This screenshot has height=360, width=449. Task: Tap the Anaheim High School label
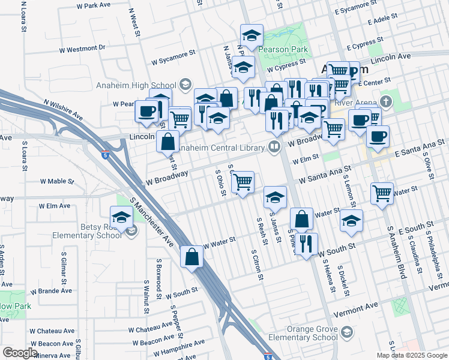point(136,85)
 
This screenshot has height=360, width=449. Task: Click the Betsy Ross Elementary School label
point(95,232)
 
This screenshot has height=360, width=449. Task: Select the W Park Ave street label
point(95,5)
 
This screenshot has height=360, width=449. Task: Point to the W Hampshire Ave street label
point(179,347)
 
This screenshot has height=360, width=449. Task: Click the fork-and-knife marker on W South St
point(307,244)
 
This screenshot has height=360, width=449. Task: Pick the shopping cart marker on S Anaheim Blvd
point(382,193)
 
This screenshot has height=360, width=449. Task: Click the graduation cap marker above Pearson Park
point(252,35)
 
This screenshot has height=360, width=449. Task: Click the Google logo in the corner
point(20,353)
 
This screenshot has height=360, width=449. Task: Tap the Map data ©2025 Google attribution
point(411,355)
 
